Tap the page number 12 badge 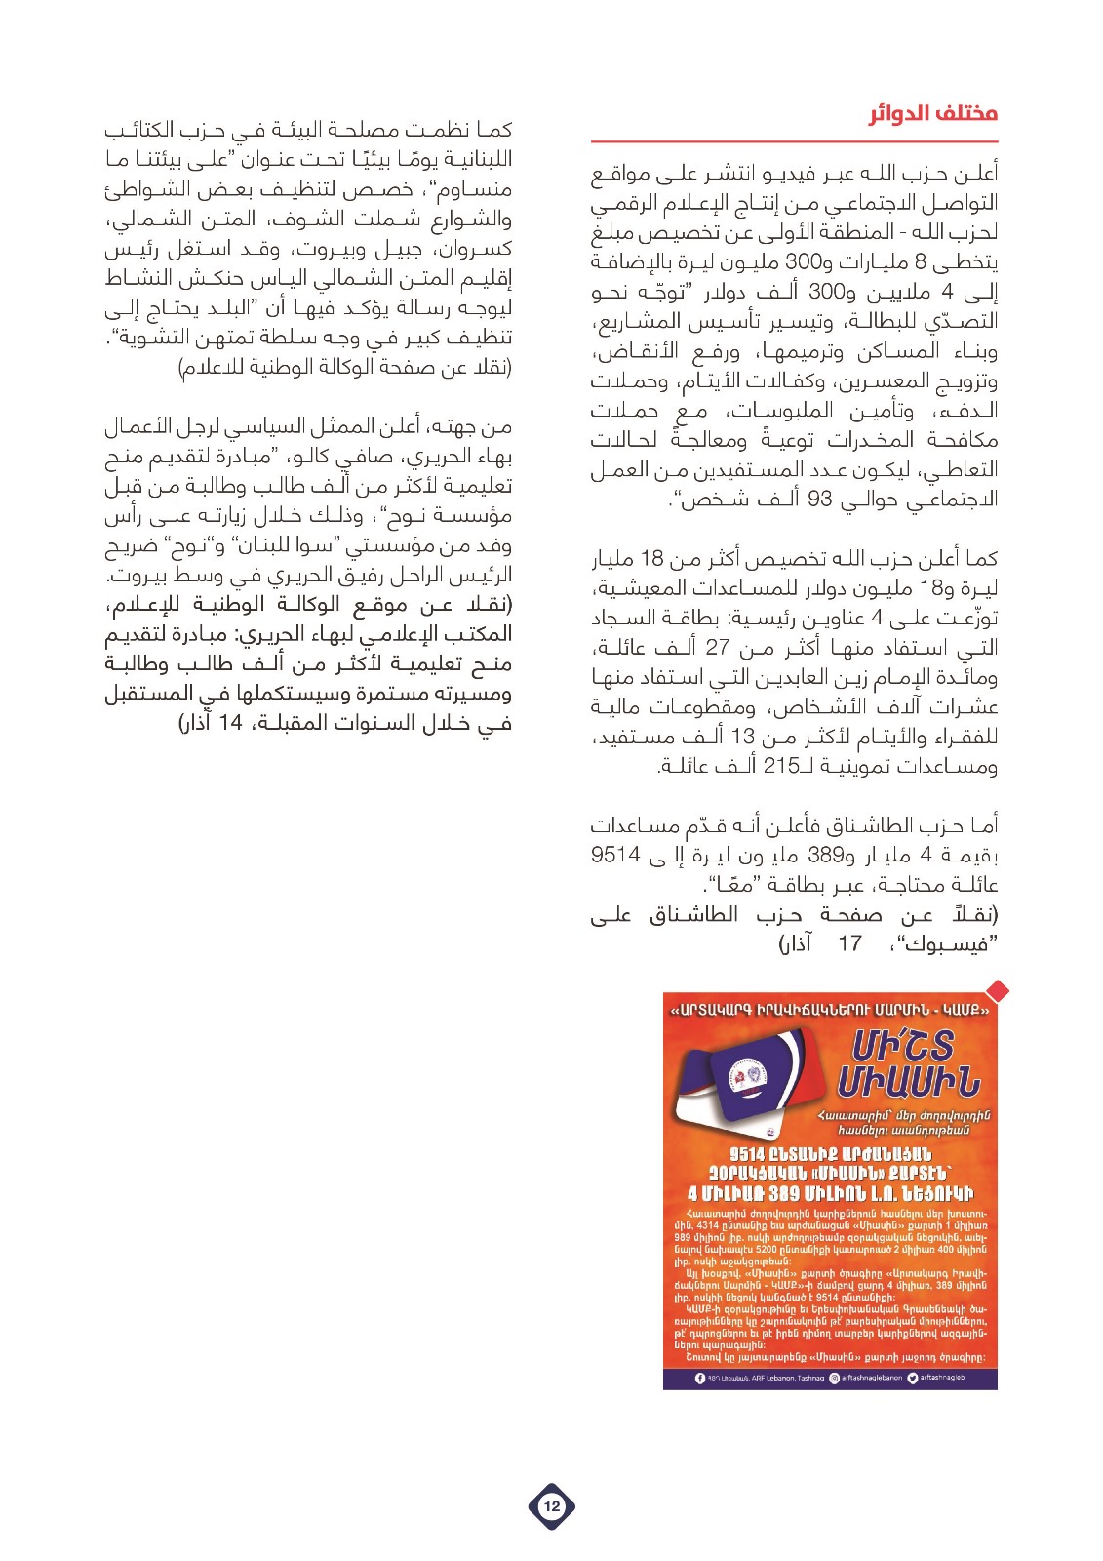click(551, 1505)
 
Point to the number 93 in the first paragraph click(819, 500)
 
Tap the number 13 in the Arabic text click(743, 737)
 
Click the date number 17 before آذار click(849, 943)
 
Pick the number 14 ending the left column click(230, 723)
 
